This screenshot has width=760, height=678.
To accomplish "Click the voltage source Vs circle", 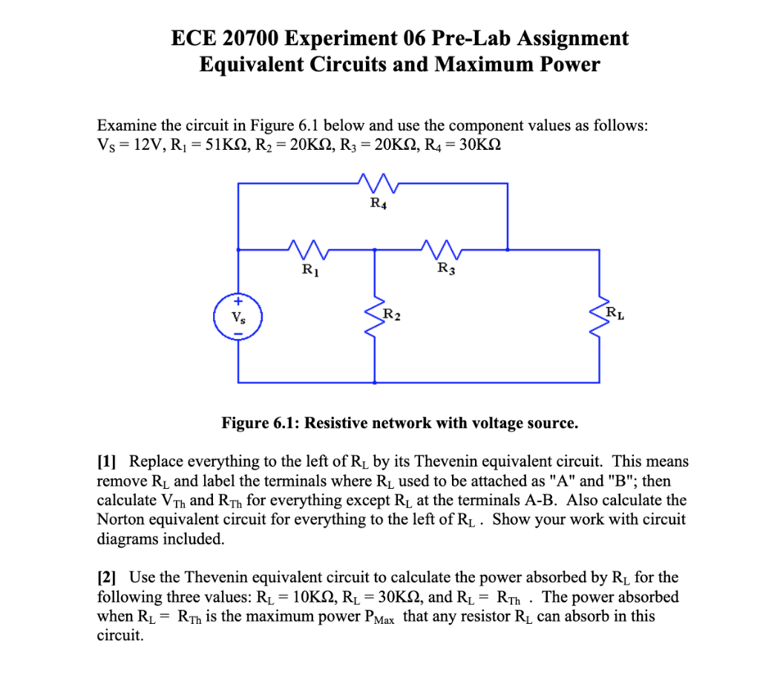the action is [x=237, y=318].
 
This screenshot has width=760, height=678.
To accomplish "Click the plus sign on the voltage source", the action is [x=237, y=303].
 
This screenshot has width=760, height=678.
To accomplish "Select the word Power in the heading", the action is [x=570, y=65].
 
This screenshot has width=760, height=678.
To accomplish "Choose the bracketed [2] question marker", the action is [x=109, y=577].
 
